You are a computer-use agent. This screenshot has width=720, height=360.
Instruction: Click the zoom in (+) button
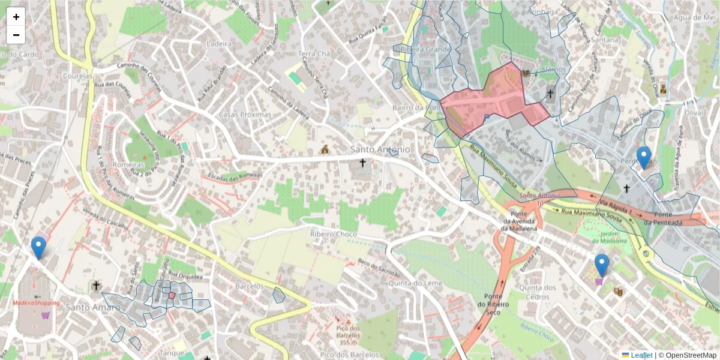coord(16,17)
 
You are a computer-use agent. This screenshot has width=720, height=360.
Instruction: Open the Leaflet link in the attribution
coord(641,355)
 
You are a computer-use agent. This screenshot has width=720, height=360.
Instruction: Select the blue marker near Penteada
coord(644,157)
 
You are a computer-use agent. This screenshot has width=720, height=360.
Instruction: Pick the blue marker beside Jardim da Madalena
coord(602,265)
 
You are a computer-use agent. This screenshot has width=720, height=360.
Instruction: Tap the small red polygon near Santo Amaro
coord(172,295)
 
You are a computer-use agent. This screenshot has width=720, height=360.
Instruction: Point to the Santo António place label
coord(380,149)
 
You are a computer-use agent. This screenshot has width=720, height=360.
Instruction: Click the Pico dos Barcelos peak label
coord(349,332)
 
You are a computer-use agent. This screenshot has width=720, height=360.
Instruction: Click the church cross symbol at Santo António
coord(362,163)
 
